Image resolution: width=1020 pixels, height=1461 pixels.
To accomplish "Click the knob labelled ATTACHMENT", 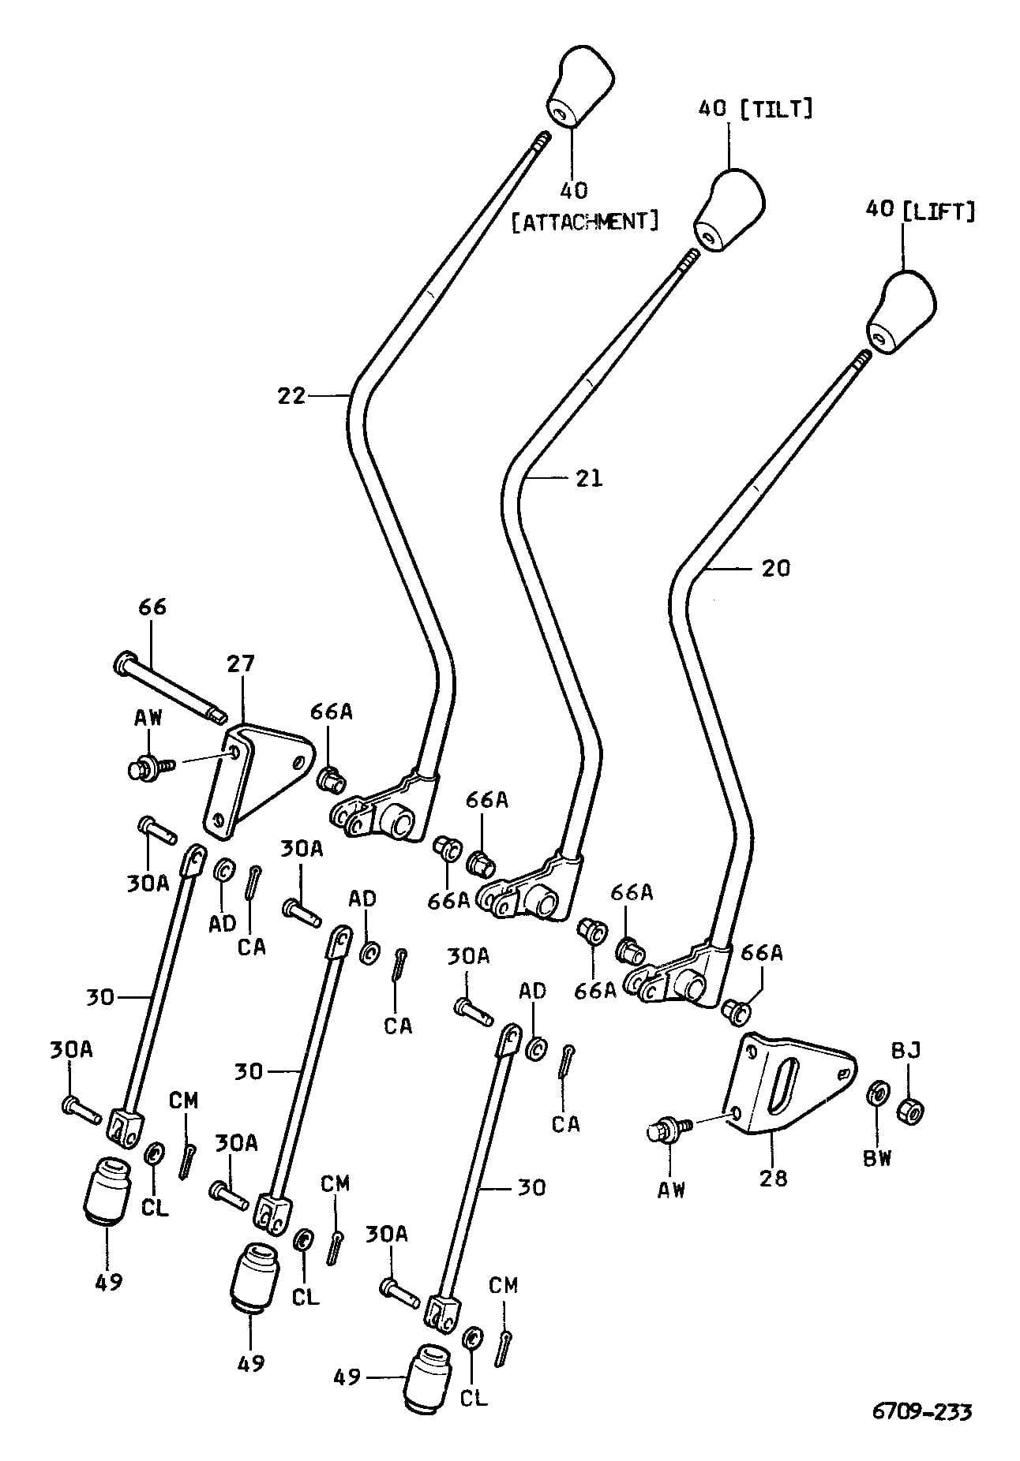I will (x=579, y=88).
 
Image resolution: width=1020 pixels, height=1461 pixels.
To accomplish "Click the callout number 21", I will (x=588, y=478).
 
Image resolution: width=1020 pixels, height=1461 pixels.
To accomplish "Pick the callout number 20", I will (x=776, y=568).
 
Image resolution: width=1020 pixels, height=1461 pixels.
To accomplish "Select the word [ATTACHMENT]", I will (x=585, y=221).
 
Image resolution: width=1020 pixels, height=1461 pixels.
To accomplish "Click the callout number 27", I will (x=241, y=664).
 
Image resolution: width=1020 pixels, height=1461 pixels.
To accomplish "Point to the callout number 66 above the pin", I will (x=152, y=607).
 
